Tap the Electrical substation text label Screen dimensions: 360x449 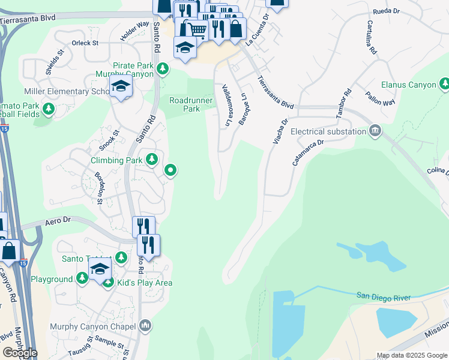click(x=328, y=131)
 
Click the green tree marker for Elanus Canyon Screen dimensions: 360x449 click(x=444, y=83)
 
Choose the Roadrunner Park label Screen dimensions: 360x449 click(x=191, y=104)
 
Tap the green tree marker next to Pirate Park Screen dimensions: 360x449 click(x=161, y=69)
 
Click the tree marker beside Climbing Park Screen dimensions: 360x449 click(x=152, y=160)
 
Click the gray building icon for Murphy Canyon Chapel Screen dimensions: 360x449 click(x=145, y=326)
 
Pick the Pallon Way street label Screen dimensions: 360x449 click(x=380, y=98)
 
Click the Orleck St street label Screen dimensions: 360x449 click(x=85, y=43)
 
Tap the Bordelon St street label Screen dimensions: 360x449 click(x=99, y=188)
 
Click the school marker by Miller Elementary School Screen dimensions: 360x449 click(x=121, y=87)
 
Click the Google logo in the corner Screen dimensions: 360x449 click(x=20, y=353)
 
